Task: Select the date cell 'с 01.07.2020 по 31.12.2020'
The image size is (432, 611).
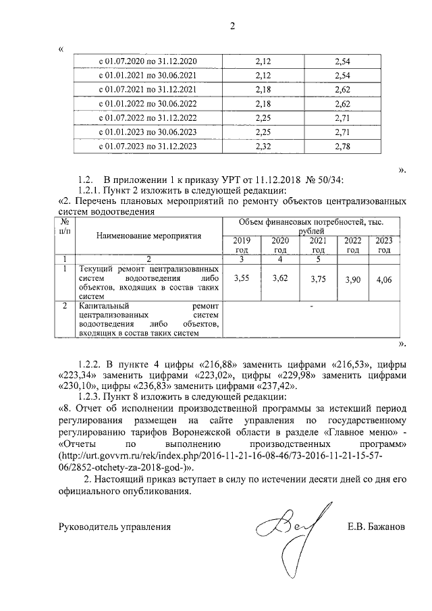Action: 148,62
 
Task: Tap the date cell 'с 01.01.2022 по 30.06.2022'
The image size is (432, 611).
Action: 148,104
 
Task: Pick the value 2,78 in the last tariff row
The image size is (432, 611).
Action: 342,146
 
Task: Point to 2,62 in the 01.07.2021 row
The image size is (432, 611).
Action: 342,90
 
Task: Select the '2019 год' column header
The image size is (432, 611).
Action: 241,245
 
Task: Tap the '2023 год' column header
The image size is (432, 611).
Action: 383,245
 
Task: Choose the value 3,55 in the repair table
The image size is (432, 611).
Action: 241,278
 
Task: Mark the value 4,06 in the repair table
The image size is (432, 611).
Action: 383,279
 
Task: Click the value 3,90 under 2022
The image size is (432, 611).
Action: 352,279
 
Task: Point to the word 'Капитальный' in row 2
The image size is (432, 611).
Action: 103,306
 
